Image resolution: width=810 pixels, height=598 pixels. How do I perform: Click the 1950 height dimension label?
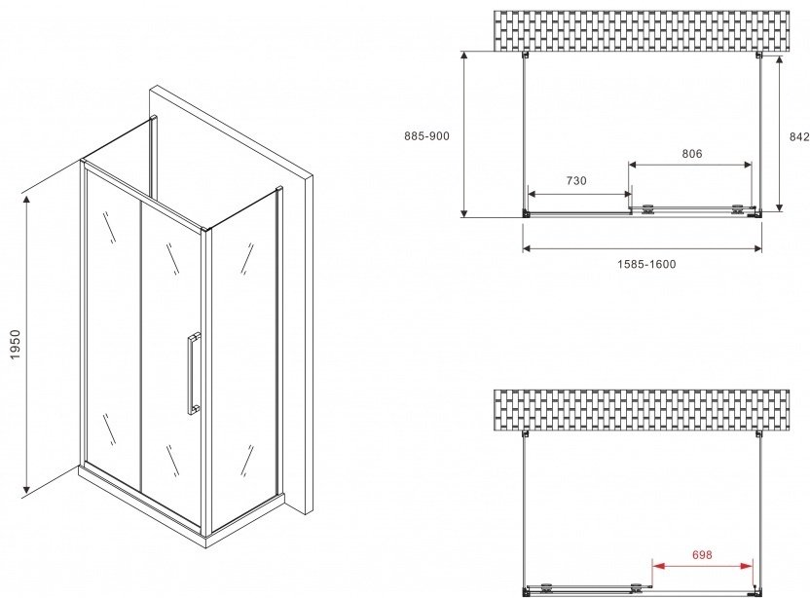(15, 345)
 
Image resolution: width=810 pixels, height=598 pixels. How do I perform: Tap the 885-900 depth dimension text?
(426, 136)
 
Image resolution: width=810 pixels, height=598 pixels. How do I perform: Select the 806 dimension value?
(691, 154)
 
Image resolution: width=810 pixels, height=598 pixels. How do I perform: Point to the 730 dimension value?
(576, 180)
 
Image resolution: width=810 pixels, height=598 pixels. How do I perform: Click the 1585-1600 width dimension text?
(646, 264)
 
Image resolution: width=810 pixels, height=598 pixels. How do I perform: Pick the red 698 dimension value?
(702, 554)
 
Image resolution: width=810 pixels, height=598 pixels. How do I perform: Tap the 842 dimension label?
(799, 136)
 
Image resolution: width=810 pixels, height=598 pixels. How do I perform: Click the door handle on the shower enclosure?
(194, 373)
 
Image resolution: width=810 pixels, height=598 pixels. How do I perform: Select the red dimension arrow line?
(703, 566)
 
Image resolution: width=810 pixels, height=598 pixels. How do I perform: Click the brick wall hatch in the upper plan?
(641, 31)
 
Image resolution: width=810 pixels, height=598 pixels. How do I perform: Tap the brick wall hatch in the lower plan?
(641, 410)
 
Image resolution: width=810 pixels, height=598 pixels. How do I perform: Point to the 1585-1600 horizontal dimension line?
(643, 248)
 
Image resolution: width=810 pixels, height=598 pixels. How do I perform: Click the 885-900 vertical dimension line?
(464, 133)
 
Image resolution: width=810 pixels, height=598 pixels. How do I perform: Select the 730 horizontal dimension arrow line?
(579, 195)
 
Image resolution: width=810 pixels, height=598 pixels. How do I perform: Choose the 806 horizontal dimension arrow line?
(690, 165)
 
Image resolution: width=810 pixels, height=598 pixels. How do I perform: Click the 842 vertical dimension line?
(779, 132)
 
